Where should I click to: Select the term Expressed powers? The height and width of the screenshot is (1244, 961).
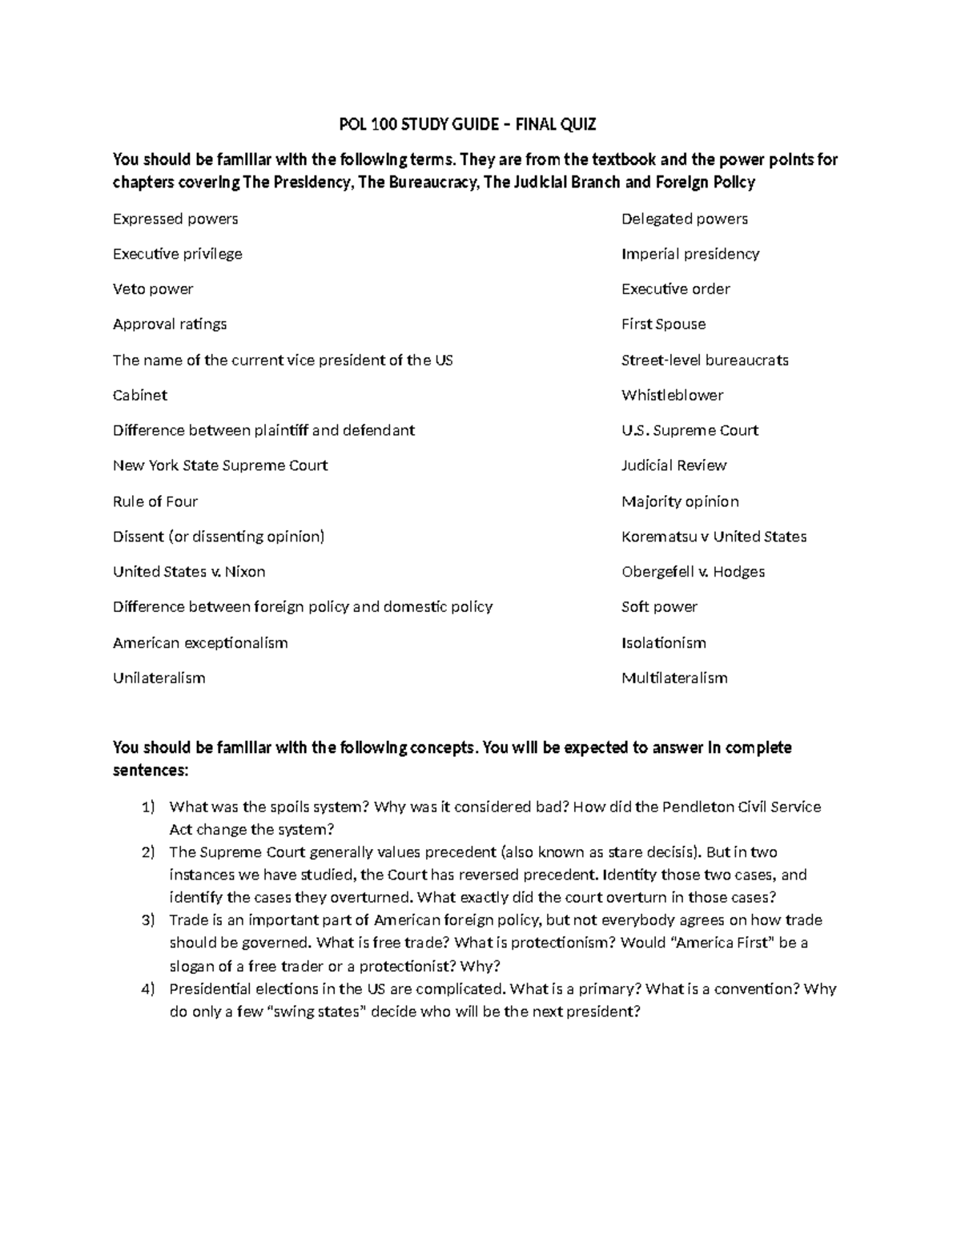tap(175, 219)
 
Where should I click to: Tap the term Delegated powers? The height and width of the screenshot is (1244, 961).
tap(684, 219)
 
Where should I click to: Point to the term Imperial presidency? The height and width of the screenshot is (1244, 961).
tap(690, 254)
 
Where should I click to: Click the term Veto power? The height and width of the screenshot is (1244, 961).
tap(153, 289)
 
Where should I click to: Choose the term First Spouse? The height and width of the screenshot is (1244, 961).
tap(663, 324)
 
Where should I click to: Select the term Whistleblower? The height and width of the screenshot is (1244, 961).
tap(672, 395)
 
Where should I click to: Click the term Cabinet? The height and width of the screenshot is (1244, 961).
tap(140, 395)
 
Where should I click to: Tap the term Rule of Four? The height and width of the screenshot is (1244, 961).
tap(155, 501)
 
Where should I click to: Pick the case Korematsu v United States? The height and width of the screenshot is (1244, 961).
tap(714, 537)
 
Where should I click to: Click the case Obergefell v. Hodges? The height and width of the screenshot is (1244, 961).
tap(693, 572)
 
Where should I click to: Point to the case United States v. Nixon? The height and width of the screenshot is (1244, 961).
tap(189, 572)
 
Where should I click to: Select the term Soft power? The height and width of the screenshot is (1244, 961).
tap(659, 607)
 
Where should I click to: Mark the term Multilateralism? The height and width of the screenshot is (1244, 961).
tap(674, 678)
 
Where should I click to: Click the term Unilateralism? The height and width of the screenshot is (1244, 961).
tap(159, 678)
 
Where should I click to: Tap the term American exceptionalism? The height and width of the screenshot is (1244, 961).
tap(200, 642)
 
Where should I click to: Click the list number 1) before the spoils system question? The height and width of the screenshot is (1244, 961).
tap(147, 807)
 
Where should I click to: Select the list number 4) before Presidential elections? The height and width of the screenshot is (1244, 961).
tap(147, 989)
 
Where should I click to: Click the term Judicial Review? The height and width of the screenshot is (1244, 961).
tap(674, 465)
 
